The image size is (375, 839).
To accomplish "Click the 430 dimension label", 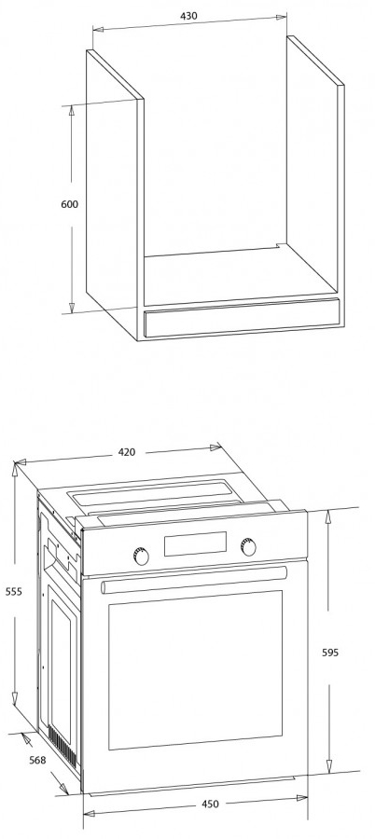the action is tap(188, 16).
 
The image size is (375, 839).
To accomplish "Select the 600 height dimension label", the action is tap(70, 204).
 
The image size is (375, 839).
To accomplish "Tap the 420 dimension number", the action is tap(127, 452).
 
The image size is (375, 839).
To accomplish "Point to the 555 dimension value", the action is tap(14, 591).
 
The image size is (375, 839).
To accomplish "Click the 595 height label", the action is tap(330, 653).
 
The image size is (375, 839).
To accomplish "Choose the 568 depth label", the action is tap(37, 760).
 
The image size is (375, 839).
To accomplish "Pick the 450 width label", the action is tap(210, 804).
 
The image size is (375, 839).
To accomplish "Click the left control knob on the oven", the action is tap(141, 556).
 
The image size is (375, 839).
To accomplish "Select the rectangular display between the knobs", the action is tap(195, 543).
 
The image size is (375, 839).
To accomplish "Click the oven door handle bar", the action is tap(194, 580).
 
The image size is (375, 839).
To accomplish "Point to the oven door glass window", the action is tap(196, 670).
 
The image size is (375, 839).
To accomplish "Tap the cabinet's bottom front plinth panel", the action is tap(242, 318).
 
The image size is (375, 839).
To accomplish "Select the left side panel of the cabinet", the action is tap(112, 196).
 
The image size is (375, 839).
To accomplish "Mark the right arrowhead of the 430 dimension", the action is tap(282, 17).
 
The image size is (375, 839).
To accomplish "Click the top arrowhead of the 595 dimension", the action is tap(329, 515).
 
